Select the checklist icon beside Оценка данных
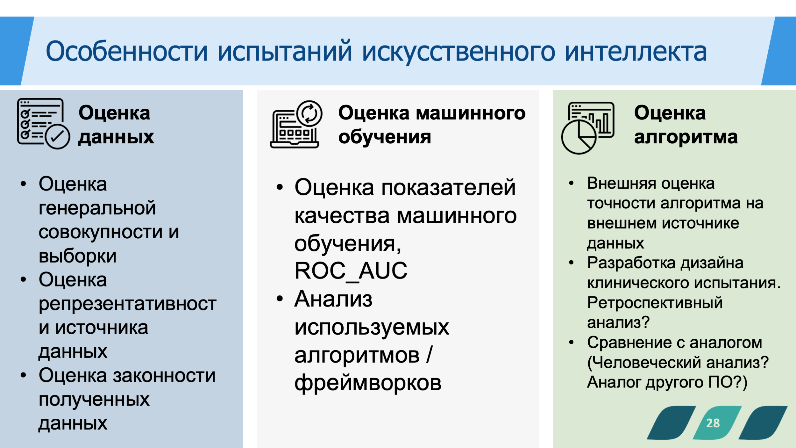pyautogui.click(x=43, y=124)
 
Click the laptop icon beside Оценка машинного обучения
pyautogui.click(x=296, y=124)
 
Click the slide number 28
pyautogui.click(x=713, y=423)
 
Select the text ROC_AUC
pyautogui.click(x=351, y=271)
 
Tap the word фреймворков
pyautogui.click(x=368, y=383)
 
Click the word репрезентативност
pyautogui.click(x=127, y=304)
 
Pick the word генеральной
pyautogui.click(x=97, y=208)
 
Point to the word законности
pyautogui.click(x=164, y=375)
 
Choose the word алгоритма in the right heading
pyautogui.click(x=686, y=138)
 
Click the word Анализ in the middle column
pyautogui.click(x=333, y=299)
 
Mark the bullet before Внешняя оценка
pyautogui.click(x=571, y=183)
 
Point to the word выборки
pyautogui.click(x=77, y=256)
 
